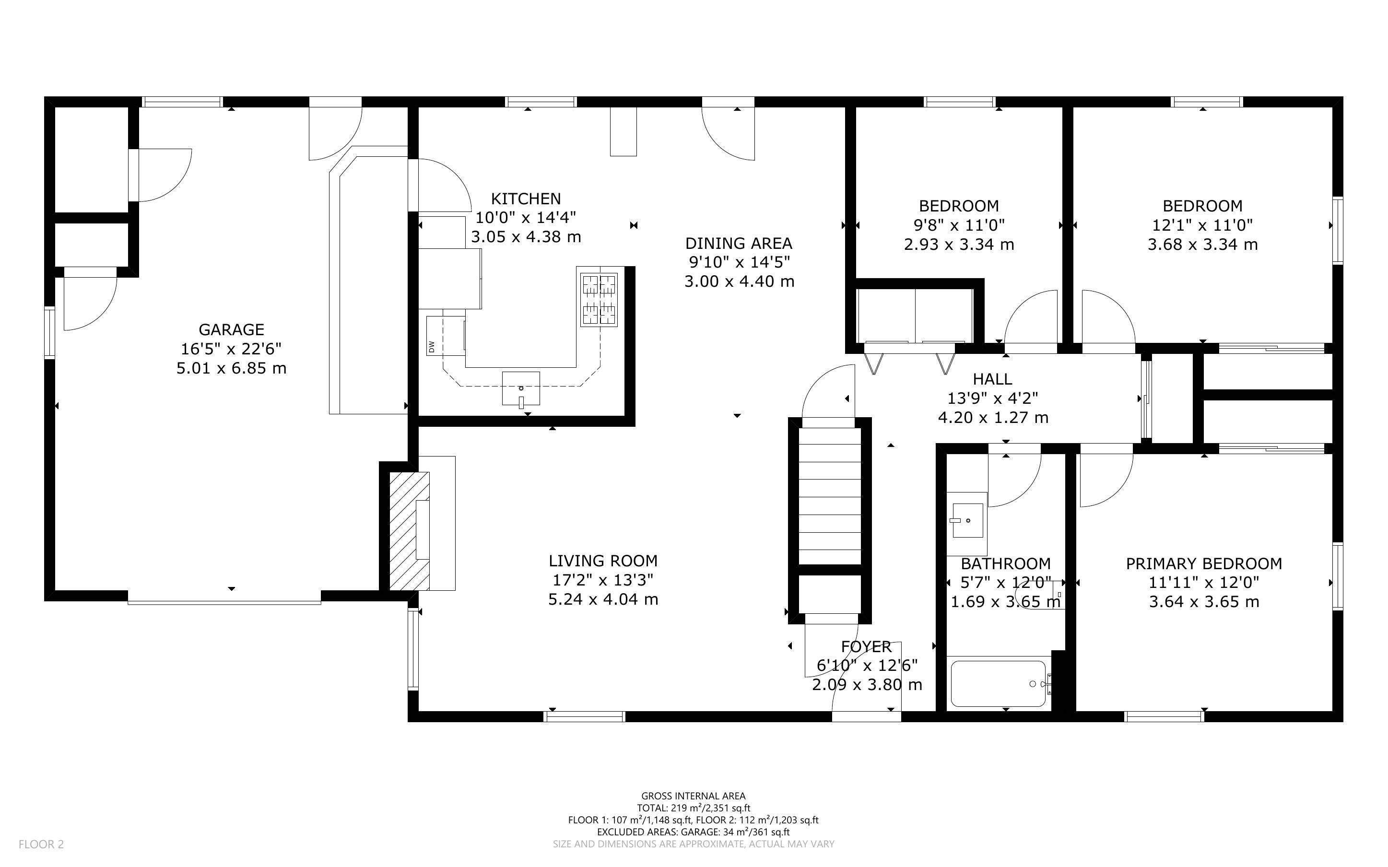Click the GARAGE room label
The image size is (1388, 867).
point(232,330)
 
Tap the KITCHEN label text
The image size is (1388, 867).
point(526,199)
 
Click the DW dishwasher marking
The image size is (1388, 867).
point(431,347)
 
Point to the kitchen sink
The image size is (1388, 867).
point(520,389)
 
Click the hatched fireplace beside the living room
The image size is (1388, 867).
point(409,530)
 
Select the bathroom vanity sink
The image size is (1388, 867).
point(968,521)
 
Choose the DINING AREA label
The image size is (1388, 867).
point(739,243)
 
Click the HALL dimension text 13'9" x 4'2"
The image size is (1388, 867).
point(992,398)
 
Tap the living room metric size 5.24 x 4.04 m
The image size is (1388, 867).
point(603,599)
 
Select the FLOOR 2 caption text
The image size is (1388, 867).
point(41,844)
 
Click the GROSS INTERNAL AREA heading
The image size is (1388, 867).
point(693,796)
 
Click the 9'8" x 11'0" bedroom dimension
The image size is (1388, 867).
point(959,225)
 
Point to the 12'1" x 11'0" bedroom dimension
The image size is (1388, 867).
point(1203,225)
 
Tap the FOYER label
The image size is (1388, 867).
point(866,647)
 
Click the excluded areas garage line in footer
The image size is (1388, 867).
point(693,832)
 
